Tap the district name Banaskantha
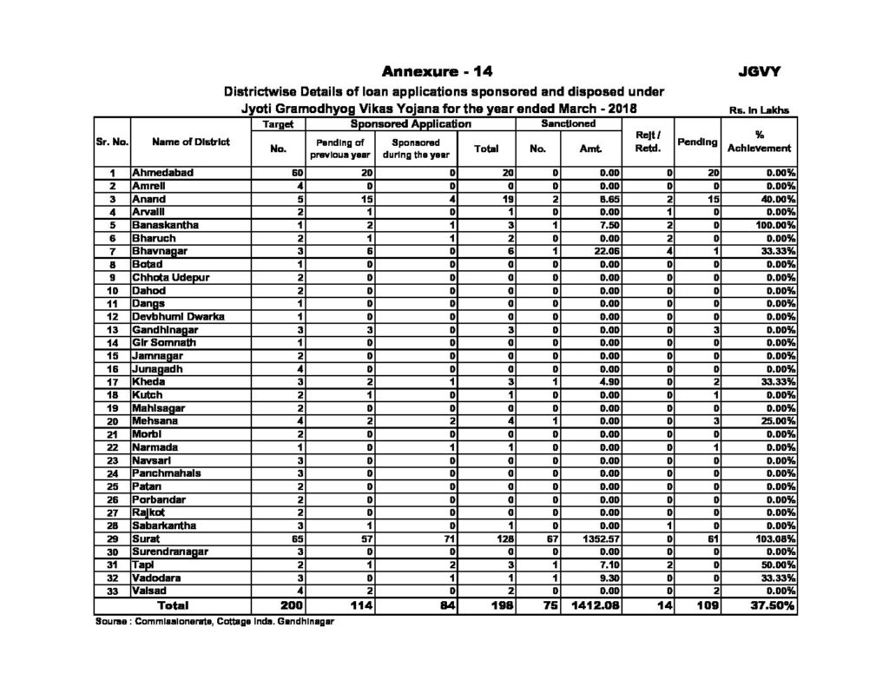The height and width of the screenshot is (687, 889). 163,225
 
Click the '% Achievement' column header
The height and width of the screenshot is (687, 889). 760,142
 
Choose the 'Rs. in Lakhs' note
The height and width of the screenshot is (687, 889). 761,110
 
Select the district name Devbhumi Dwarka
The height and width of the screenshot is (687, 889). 177,316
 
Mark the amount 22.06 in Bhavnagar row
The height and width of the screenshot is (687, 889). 605,251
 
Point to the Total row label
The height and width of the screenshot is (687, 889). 171,604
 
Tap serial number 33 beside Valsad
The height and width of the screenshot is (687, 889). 111,591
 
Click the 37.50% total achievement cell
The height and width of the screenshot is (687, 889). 767,604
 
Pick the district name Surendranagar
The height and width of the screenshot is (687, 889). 169,552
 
